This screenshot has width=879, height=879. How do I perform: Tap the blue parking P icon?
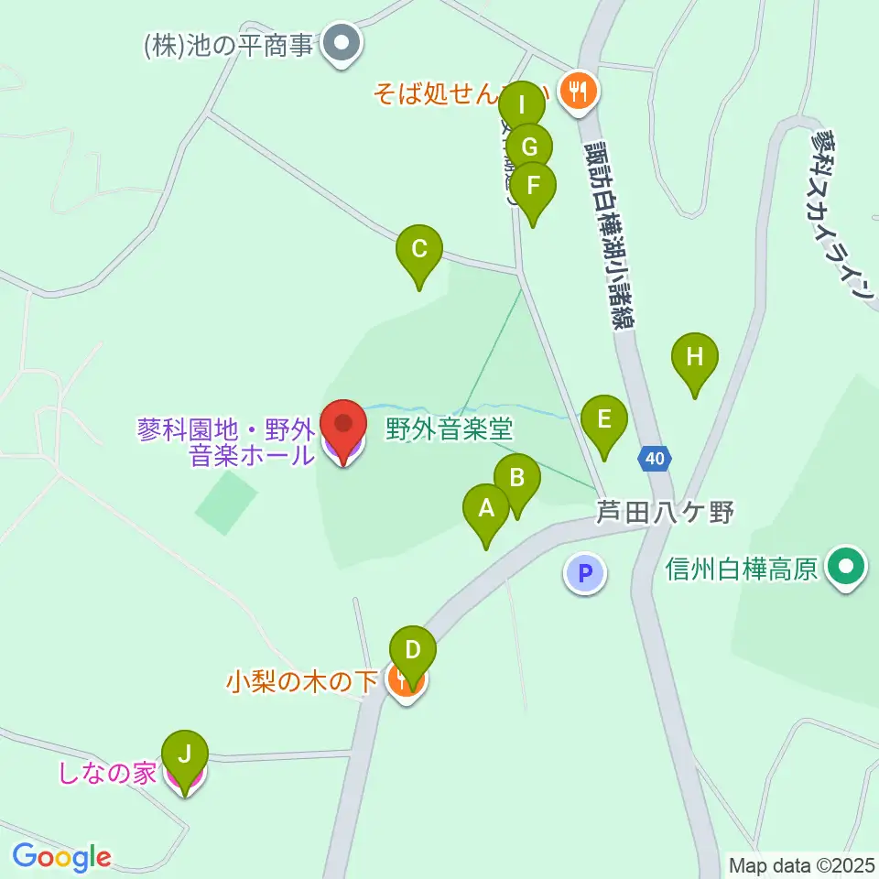[x=585, y=574]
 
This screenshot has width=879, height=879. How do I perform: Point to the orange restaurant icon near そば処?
[x=578, y=91]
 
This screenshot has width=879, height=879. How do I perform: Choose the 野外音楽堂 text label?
[x=449, y=428]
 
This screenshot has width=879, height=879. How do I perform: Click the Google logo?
[x=61, y=857]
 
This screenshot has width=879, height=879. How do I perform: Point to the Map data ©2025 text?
[x=800, y=864]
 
